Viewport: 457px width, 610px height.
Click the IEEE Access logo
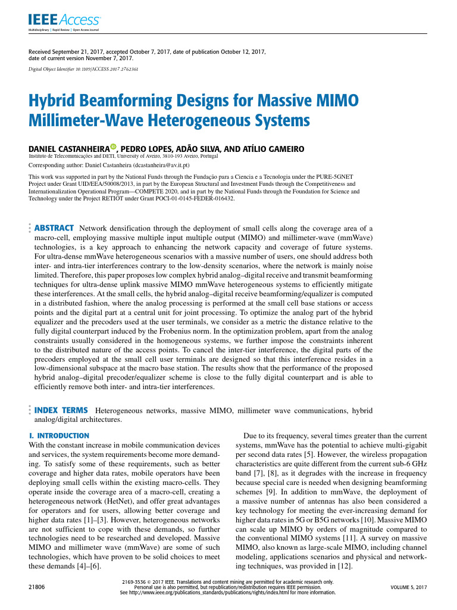point(64,21)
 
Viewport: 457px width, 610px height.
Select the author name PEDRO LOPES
point(146,148)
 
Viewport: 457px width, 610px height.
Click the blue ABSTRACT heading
point(54,228)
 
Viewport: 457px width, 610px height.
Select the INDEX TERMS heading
point(62,410)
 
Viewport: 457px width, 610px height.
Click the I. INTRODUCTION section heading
point(59,435)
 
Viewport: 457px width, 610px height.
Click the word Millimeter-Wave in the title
point(84,121)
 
